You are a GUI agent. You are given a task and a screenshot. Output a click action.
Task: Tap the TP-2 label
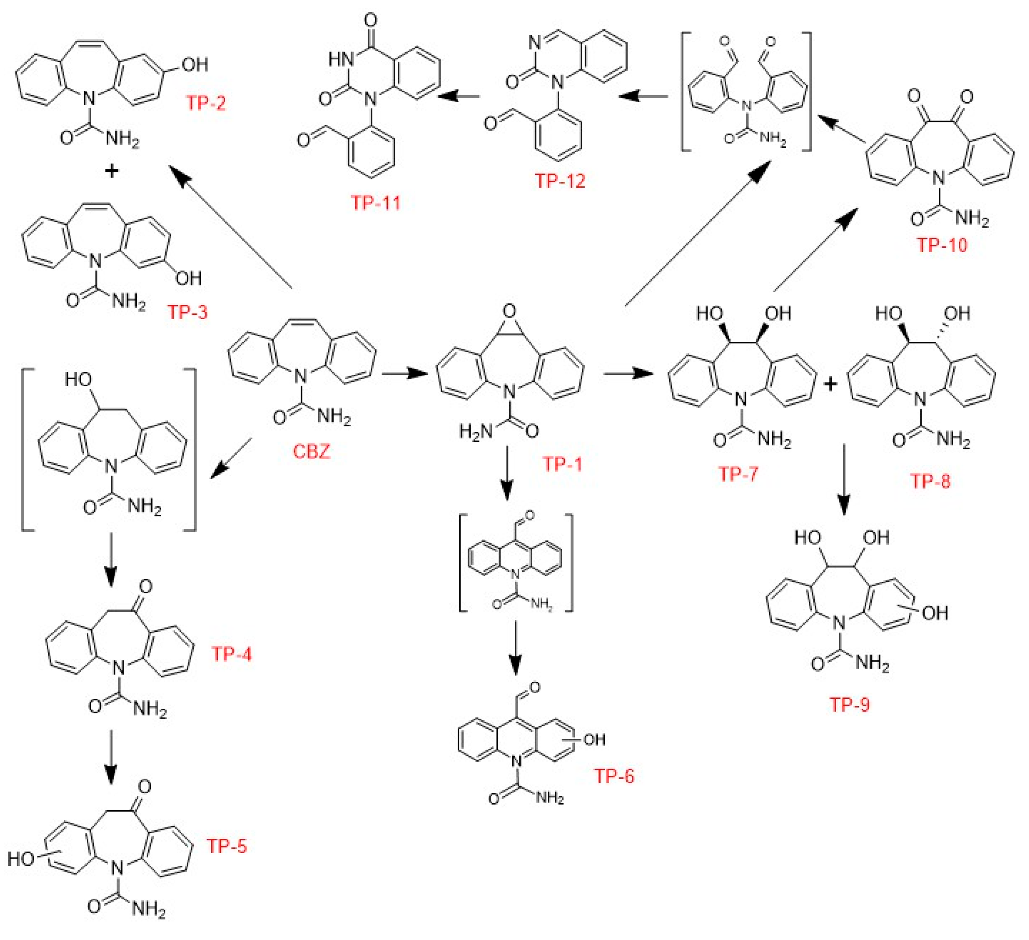tap(206, 103)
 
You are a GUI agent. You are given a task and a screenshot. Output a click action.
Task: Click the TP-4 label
tap(232, 654)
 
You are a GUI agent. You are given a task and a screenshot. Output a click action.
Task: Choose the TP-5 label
tap(227, 846)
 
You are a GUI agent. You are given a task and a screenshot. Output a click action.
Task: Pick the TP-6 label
tap(614, 776)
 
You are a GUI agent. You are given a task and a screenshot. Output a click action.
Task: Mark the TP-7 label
tap(738, 474)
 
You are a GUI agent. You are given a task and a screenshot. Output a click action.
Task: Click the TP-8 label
tap(931, 481)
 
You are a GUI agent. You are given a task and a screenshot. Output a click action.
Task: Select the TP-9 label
tap(850, 705)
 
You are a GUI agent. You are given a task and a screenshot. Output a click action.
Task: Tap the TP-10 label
tap(942, 245)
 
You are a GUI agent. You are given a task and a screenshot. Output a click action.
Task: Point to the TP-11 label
tap(376, 203)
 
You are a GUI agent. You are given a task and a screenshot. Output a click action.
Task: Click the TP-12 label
tap(560, 181)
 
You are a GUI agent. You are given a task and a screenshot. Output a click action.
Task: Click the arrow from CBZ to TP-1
tap(404, 373)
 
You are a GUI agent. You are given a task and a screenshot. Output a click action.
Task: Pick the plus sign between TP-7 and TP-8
tap(830, 384)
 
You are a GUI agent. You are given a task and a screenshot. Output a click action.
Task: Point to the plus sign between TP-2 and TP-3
tap(111, 171)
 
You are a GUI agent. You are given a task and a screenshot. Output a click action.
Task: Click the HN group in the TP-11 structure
tap(341, 60)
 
